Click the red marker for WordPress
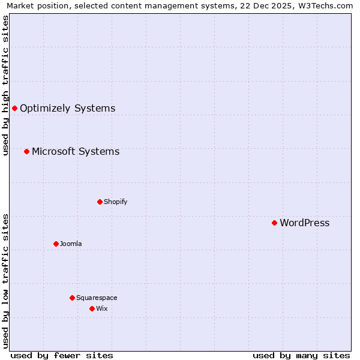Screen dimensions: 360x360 [x=274, y=223]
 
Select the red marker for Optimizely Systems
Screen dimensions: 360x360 [x=14, y=109]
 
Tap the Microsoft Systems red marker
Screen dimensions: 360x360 [x=26, y=151]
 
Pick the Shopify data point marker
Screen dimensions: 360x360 [x=100, y=202]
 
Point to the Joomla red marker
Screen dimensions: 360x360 [x=56, y=244]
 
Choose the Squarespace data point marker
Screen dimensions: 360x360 [x=72, y=298]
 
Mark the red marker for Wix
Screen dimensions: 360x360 [x=92, y=308]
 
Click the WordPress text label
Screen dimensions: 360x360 [x=304, y=223]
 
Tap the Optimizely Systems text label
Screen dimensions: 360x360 [x=67, y=109]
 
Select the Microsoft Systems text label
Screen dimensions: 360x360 [x=76, y=151]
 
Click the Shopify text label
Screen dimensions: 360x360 [x=115, y=202]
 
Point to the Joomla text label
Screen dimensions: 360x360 [x=71, y=244]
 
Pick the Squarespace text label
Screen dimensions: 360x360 [x=97, y=298]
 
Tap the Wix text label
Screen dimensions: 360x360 [x=102, y=308]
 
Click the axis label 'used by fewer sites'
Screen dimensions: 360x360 [x=62, y=355]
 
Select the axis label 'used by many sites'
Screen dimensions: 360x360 [x=301, y=355]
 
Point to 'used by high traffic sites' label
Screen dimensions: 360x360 [x=5, y=85]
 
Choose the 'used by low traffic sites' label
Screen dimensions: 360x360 [x=5, y=281]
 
